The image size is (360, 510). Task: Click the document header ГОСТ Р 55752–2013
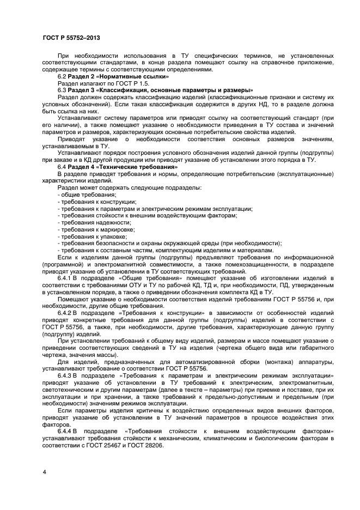pos(71,38)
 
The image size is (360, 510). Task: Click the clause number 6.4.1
pos(65,278)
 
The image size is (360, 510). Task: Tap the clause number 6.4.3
pos(65,375)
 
